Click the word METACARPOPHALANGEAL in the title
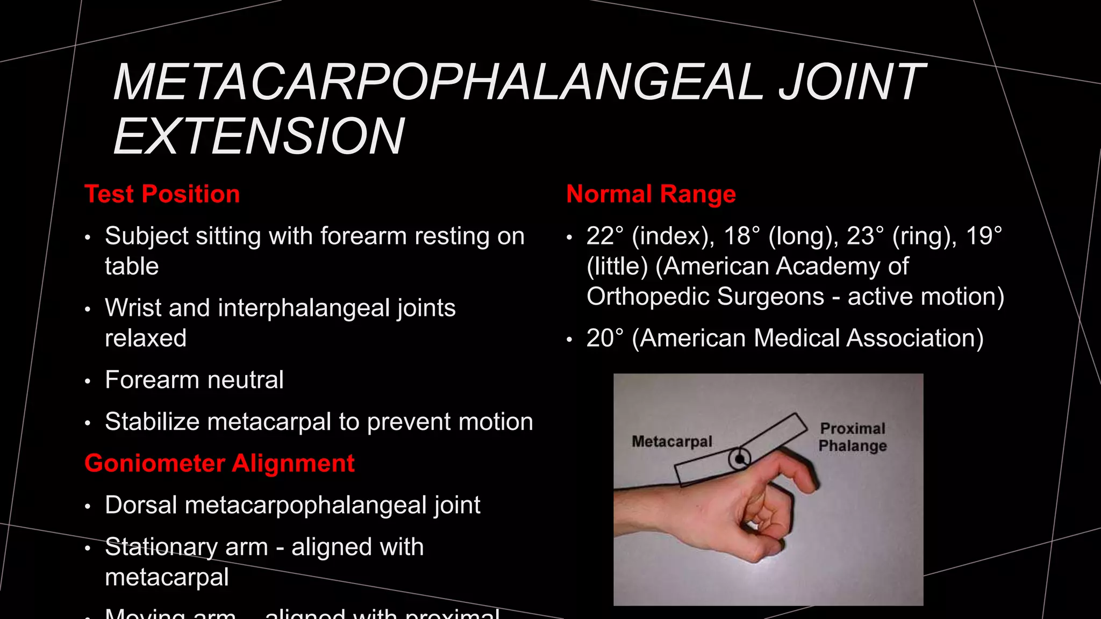coord(438,82)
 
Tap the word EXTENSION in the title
coord(259,136)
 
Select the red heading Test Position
coord(162,194)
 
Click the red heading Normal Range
coord(650,194)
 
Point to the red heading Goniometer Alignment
coord(219,463)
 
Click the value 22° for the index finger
coord(605,236)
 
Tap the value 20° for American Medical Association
coord(605,338)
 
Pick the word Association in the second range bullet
coord(914,338)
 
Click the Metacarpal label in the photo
coord(671,442)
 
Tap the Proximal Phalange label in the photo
coord(853,437)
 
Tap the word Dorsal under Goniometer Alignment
coord(141,505)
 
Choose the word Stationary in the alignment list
coord(160,547)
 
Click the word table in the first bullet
coord(132,267)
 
